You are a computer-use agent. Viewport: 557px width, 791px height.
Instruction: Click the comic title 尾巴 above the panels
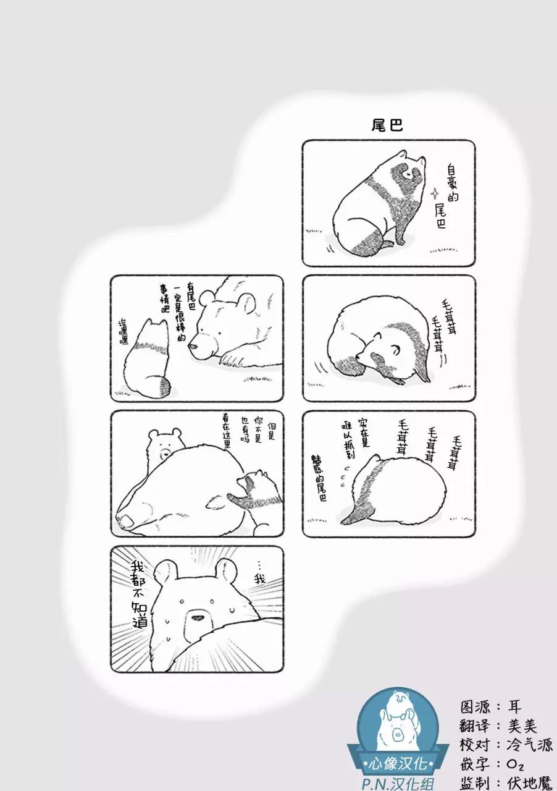pos(387,125)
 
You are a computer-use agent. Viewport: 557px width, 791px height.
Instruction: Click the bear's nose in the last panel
pos(197,618)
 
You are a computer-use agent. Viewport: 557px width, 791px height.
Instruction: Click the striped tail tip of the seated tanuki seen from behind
pos(164,386)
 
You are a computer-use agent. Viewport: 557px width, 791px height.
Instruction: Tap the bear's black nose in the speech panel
pos(193,347)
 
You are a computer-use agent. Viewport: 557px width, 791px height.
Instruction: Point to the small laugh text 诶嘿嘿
pos(124,332)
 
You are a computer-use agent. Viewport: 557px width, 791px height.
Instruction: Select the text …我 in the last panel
pos(259,575)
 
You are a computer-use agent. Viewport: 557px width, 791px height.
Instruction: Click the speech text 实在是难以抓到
pos(355,439)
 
